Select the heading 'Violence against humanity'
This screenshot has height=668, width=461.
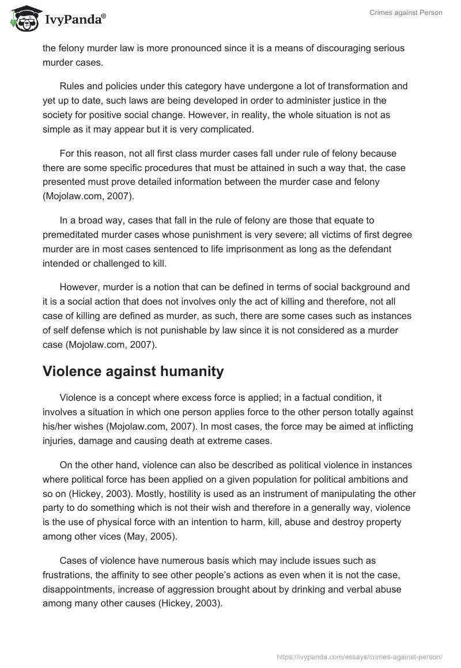point(133,371)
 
